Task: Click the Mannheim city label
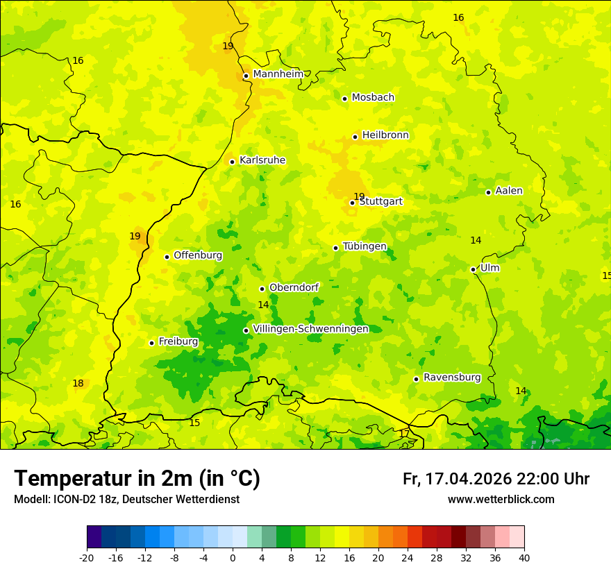click(278, 74)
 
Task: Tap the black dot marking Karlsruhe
click(233, 162)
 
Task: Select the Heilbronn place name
click(385, 135)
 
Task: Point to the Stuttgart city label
click(380, 201)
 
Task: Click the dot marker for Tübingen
click(336, 248)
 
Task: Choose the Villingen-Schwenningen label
click(311, 329)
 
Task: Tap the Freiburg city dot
click(151, 343)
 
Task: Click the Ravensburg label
click(452, 378)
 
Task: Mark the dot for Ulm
click(474, 269)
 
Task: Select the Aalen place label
click(509, 191)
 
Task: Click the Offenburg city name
click(198, 255)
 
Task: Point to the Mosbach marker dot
click(344, 99)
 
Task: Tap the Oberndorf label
click(294, 287)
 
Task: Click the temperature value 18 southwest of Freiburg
click(78, 384)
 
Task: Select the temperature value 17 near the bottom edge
click(404, 434)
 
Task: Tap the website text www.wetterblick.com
click(501, 500)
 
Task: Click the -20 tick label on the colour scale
click(87, 557)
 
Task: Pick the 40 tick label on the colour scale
click(524, 557)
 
